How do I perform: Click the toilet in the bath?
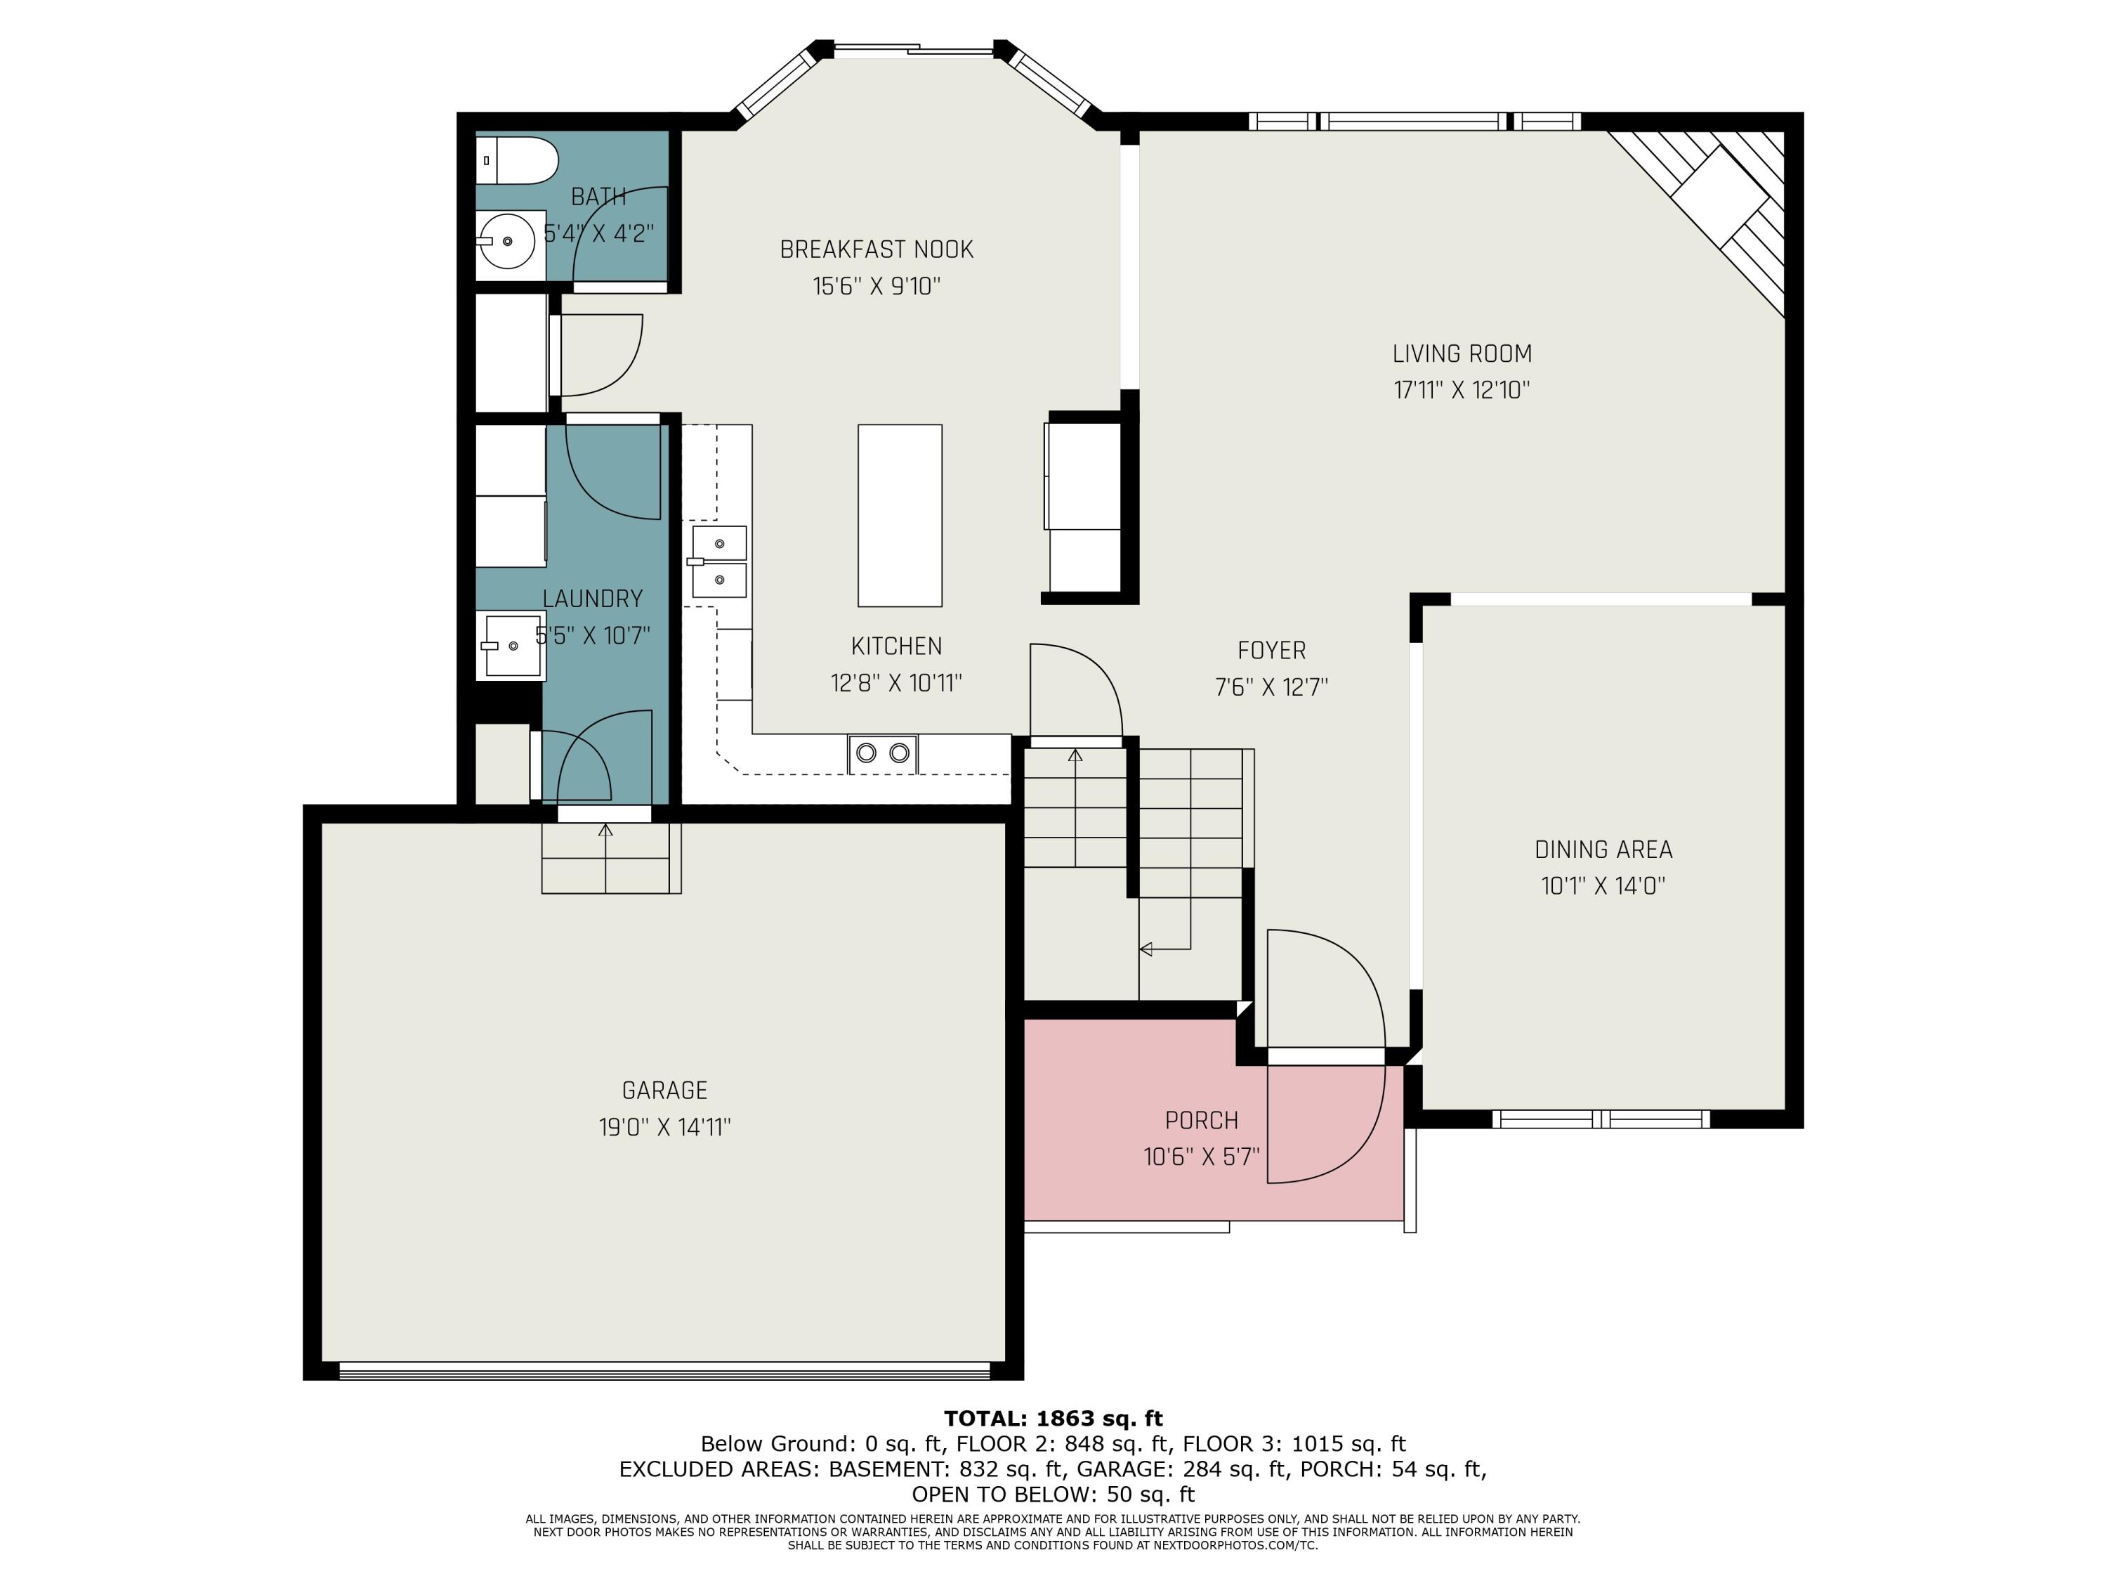[516, 160]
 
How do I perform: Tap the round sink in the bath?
[510, 240]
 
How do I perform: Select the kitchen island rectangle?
[899, 516]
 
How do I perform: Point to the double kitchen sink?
[718, 561]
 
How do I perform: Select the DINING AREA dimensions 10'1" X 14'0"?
[1603, 885]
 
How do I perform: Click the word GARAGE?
[665, 1091]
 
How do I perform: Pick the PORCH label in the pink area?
[1201, 1120]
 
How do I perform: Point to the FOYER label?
[1272, 651]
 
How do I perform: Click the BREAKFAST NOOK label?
[877, 249]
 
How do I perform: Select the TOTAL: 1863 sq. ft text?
[1053, 1419]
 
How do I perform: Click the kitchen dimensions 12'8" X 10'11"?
[896, 683]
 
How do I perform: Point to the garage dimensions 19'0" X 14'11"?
[665, 1127]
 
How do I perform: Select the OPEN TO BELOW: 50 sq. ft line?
[1053, 1495]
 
